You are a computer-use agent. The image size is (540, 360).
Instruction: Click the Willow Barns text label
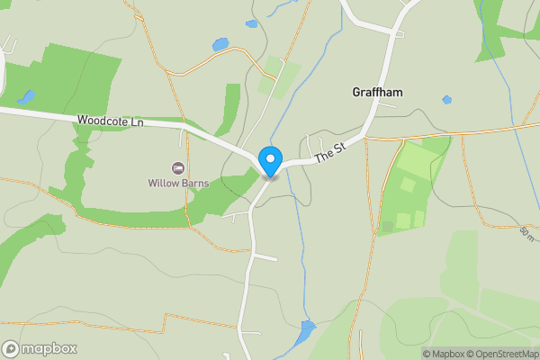178,183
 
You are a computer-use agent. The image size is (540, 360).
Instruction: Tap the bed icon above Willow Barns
178,168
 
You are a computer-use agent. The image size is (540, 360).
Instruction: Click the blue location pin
270,161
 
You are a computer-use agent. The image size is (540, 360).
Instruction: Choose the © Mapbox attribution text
442,354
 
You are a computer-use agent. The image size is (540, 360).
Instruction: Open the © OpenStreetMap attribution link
500,354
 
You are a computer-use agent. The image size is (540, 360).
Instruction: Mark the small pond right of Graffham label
447,100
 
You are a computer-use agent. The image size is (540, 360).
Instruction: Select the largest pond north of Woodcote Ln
220,44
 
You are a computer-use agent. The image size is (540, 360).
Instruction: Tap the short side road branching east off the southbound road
265,257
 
